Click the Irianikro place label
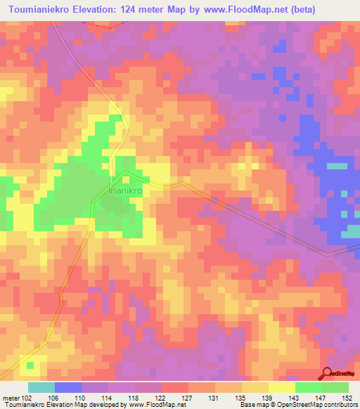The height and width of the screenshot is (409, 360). click(126, 188)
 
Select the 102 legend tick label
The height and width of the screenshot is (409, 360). click(27, 398)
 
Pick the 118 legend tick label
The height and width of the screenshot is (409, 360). click(107, 398)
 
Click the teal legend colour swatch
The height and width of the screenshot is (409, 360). click(41, 387)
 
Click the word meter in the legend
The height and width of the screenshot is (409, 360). click(11, 398)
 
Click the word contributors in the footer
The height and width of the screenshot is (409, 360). click(340, 405)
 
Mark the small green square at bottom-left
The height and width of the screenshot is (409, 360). click(30, 365)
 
